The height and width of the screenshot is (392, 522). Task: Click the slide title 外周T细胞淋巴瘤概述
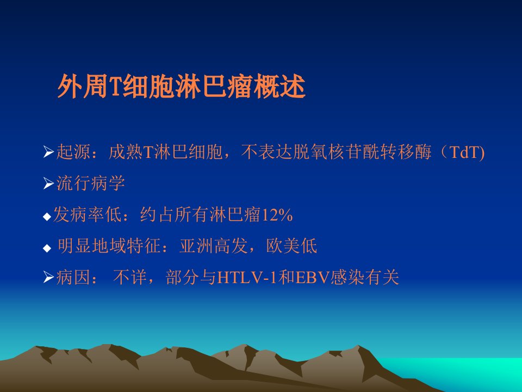[x=182, y=87]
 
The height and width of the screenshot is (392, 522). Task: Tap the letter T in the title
[x=115, y=87]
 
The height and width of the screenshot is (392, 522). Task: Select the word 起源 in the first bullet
[x=73, y=152]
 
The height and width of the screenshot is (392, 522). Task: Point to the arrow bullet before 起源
[x=48, y=152]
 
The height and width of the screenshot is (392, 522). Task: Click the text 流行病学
[x=91, y=183]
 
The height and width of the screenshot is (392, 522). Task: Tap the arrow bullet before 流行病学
[x=48, y=183]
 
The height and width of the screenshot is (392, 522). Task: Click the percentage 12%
[x=277, y=215]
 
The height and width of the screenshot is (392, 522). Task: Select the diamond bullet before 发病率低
[x=47, y=217]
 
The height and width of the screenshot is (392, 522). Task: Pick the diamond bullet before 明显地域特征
[x=47, y=248]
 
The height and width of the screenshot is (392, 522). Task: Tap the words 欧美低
[x=291, y=246]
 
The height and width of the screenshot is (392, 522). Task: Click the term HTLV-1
[x=247, y=277]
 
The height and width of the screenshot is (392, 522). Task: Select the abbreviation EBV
[x=312, y=277]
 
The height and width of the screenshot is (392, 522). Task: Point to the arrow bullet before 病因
[x=48, y=277]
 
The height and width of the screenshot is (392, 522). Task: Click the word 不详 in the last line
[x=130, y=277]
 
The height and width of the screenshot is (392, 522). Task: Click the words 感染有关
[x=364, y=277]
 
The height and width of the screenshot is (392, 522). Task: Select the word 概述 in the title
[x=279, y=87]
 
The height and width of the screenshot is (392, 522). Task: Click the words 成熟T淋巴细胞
[x=165, y=152]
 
